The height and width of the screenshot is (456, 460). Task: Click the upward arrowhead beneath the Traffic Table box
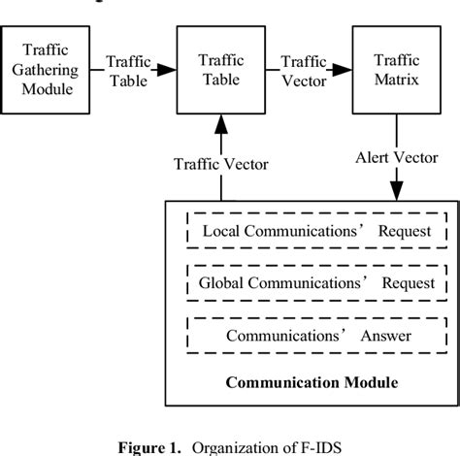click(220, 122)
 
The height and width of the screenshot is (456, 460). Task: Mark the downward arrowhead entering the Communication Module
click(396, 193)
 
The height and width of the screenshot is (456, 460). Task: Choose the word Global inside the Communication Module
click(225, 285)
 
